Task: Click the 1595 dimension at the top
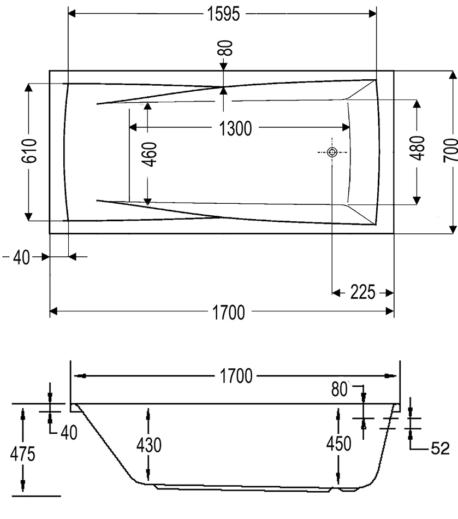click(x=223, y=14)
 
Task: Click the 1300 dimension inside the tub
click(x=235, y=128)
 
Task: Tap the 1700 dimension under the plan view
click(x=228, y=312)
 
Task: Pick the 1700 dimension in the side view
click(x=236, y=376)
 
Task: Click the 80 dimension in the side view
click(x=340, y=389)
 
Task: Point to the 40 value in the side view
click(x=68, y=432)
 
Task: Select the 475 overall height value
click(x=23, y=453)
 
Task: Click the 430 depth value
click(x=148, y=445)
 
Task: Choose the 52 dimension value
click(x=440, y=449)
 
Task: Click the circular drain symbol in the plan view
click(x=332, y=153)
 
